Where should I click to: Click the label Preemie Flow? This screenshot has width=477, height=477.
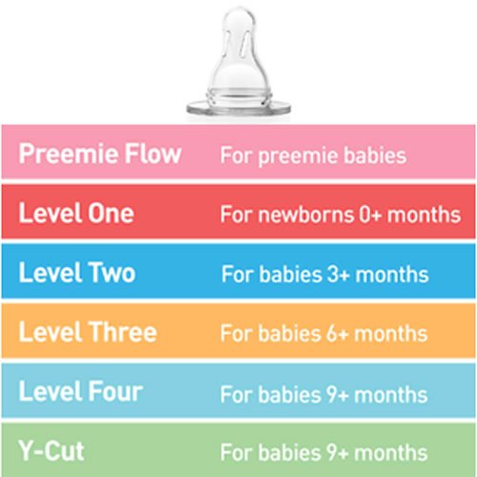pos(100,154)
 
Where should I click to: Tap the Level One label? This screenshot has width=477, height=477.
pos(76,213)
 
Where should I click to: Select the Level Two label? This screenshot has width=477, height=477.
pos(77,272)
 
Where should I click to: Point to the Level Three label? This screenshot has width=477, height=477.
pos(88,332)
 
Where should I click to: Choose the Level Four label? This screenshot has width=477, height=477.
pos(81,391)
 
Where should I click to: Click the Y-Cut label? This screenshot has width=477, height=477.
pos(52,450)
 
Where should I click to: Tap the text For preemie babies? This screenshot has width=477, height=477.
pos(313,156)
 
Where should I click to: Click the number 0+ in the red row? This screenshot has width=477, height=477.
pos(370,215)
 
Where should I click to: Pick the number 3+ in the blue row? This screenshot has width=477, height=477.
pos(339,274)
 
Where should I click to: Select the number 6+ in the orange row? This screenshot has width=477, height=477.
pos(338,334)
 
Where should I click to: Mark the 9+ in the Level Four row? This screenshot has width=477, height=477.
pos(338,395)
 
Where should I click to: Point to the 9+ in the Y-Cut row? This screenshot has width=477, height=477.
pos(338,452)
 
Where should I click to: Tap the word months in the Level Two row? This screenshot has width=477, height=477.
pos(392,274)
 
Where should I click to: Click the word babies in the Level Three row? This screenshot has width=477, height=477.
pos(290,334)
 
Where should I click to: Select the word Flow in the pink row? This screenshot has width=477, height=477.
pos(153,154)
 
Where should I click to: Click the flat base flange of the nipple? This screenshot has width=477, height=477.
pos(238,108)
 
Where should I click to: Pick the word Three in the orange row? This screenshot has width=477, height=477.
pos(122,332)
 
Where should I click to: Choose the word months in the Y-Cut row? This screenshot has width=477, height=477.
pos(391,452)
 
